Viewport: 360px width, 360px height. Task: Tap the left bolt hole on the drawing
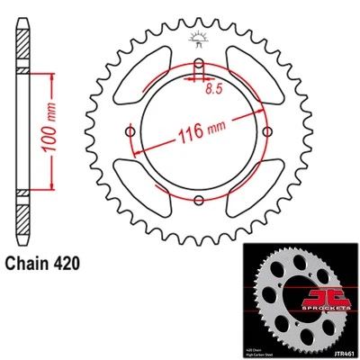point(132,132)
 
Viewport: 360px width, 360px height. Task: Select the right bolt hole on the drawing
point(266,132)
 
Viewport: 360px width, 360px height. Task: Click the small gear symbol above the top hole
point(197,39)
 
